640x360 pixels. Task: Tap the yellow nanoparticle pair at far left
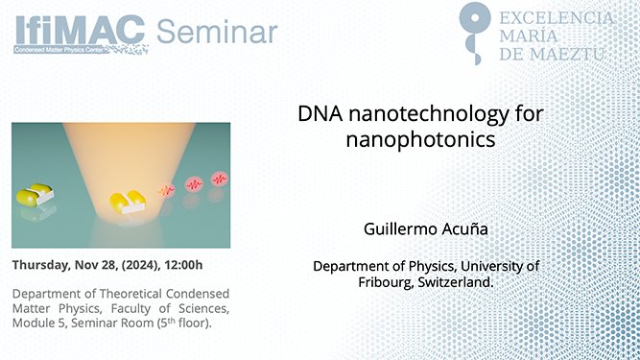[x=35, y=196]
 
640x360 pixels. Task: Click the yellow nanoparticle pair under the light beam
[x=129, y=201]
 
